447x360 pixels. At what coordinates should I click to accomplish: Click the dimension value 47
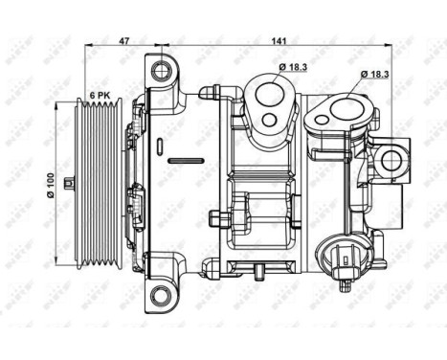pos(123,40)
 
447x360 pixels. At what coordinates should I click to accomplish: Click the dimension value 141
pos(279,40)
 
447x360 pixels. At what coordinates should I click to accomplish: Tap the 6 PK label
pos(101,96)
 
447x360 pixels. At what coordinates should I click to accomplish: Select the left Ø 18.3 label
pos(295,65)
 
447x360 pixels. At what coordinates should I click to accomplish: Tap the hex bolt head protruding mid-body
pos(221,222)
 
